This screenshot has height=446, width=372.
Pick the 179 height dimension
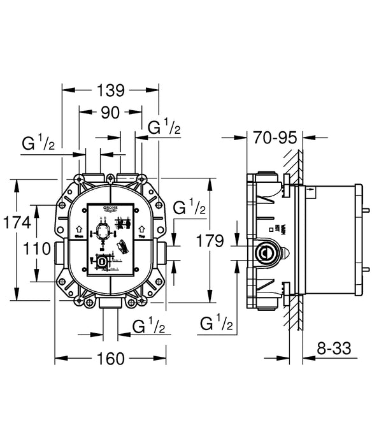tap(211, 241)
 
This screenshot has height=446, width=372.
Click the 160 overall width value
tap(110, 359)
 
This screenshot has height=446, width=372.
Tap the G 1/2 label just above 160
tap(149, 327)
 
